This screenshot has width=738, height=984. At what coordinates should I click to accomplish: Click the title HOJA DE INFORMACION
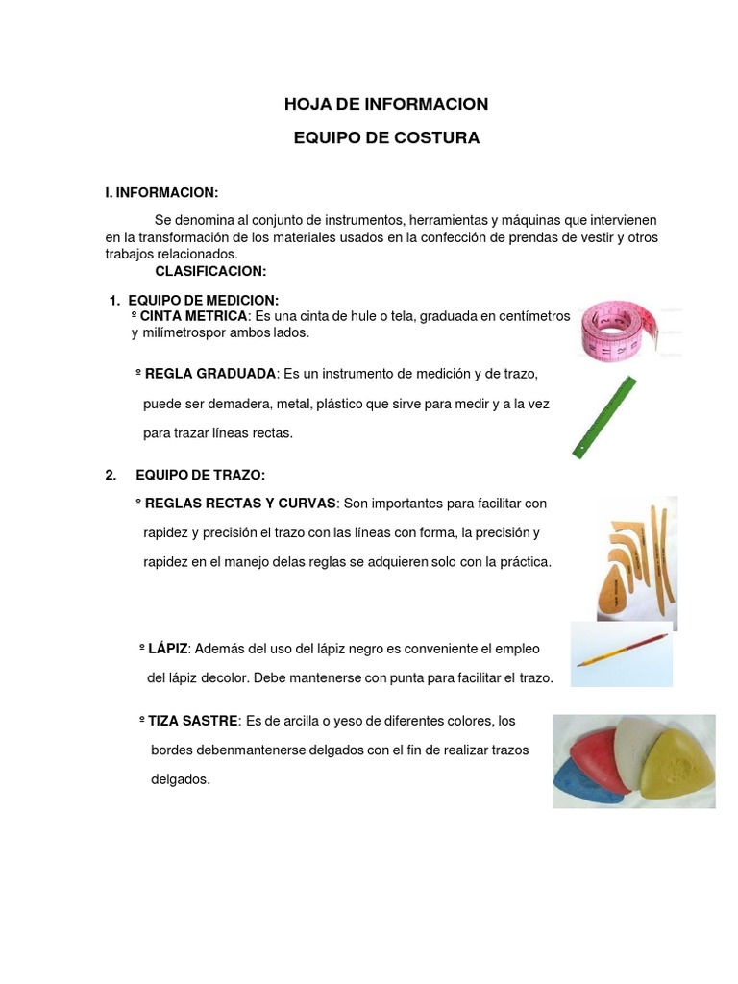point(385,104)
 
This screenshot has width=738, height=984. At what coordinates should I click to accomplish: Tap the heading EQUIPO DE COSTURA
point(385,138)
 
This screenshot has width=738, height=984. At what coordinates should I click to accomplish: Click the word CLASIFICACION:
point(210,271)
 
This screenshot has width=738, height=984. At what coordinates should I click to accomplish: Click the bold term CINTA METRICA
point(193,316)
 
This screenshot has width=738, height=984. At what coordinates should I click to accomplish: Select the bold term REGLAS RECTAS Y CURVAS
point(240,504)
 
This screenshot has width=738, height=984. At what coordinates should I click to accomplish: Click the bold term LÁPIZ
point(167,651)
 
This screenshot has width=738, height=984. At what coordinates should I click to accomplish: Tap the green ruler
point(606,416)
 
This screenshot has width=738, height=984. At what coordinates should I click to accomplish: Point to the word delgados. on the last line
point(180,780)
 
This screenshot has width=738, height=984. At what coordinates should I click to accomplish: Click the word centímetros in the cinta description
point(534,316)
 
